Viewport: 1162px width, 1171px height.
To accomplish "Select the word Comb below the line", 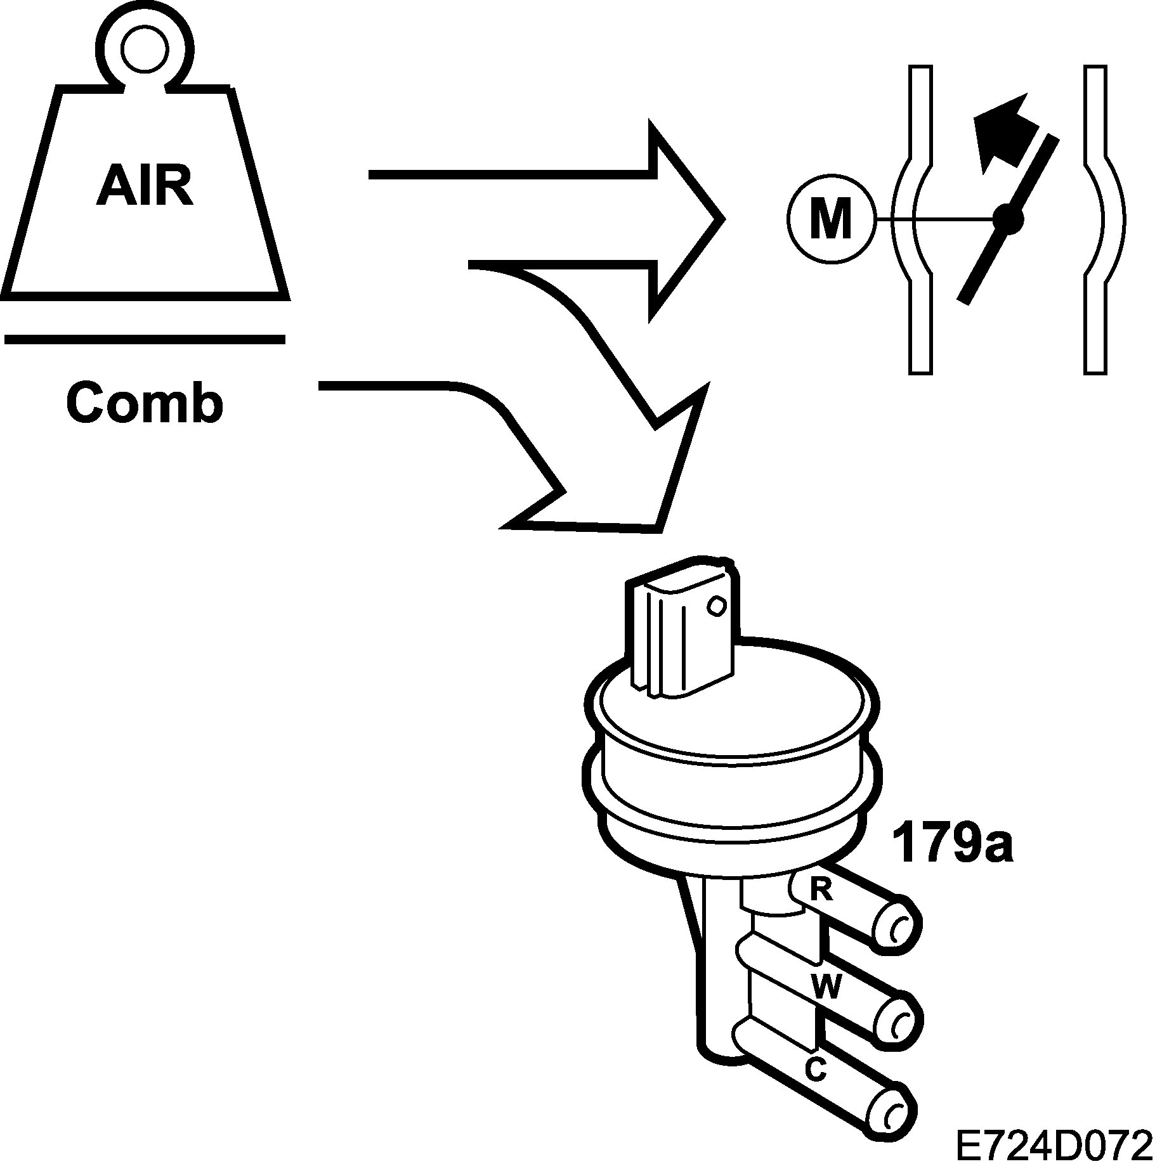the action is point(145,403).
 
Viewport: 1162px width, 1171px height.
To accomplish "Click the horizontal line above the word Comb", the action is point(145,339).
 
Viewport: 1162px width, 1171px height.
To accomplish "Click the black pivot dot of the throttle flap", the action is point(1008,219).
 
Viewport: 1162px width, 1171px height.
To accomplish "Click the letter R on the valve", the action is point(822,891).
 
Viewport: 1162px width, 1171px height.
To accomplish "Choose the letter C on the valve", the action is point(816,1070).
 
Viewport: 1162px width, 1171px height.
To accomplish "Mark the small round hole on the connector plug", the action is point(716,605).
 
